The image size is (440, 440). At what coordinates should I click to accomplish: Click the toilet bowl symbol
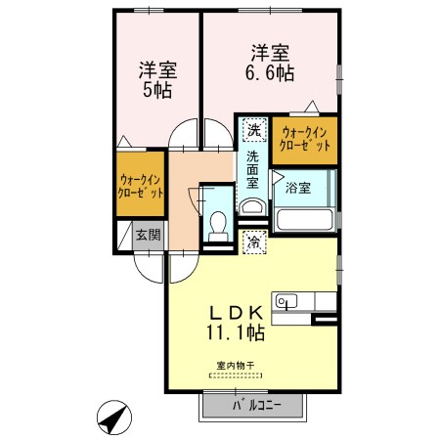[218, 226]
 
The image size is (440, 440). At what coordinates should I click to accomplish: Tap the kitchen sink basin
[286, 301]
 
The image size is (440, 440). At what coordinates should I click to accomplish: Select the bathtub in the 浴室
[304, 220]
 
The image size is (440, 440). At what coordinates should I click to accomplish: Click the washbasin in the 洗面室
[252, 207]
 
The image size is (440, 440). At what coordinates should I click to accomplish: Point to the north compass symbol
[114, 418]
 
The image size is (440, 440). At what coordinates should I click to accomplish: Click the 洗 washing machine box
[254, 130]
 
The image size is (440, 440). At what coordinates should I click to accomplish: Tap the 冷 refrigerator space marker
[255, 242]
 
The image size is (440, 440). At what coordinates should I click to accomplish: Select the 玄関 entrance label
[149, 235]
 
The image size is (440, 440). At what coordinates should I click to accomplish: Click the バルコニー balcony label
[256, 406]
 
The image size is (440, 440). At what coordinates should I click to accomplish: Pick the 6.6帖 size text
[270, 73]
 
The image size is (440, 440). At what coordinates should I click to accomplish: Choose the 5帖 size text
[157, 90]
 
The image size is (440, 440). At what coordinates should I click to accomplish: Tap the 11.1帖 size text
[236, 332]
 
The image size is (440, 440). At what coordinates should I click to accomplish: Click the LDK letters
[236, 313]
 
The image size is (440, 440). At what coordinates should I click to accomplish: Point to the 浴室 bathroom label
[298, 188]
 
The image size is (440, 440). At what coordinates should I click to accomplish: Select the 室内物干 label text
[236, 366]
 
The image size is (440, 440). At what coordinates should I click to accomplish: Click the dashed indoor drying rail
[236, 375]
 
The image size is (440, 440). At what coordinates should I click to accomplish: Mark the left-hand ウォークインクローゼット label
[140, 186]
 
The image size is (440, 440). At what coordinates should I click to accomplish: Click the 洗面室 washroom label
[252, 170]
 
